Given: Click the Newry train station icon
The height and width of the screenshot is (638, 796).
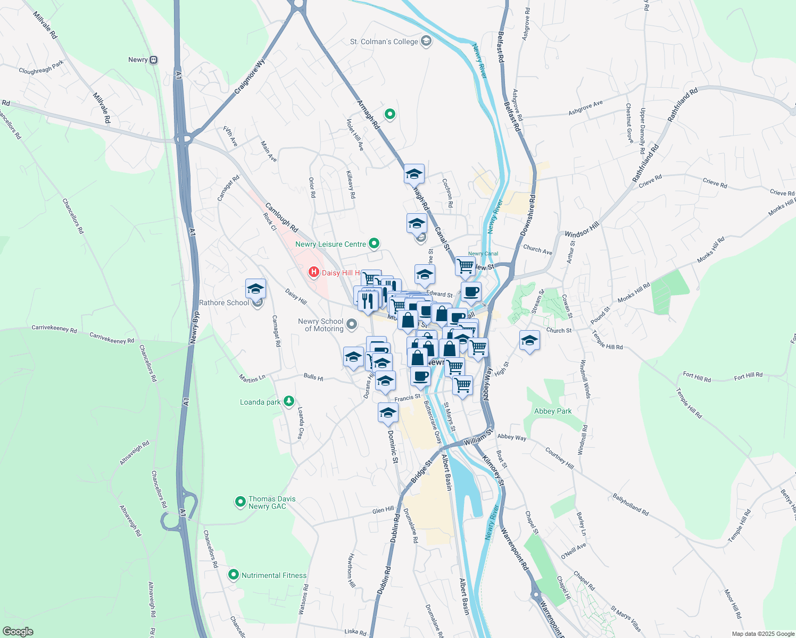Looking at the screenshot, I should (x=154, y=60).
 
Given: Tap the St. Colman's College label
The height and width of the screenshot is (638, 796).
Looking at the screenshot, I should (x=384, y=41).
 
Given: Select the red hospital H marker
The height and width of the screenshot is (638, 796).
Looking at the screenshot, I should (x=314, y=273).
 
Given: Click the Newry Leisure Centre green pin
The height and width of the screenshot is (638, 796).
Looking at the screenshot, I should (x=374, y=244).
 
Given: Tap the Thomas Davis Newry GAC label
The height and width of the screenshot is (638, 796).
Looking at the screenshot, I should (x=271, y=502).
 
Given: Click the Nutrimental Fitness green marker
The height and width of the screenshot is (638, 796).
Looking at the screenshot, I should (x=233, y=575).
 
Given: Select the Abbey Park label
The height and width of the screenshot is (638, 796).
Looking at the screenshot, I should (x=553, y=411).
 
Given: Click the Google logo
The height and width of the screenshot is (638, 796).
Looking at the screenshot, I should (x=18, y=632).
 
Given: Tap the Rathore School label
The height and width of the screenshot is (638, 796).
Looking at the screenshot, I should (x=224, y=303).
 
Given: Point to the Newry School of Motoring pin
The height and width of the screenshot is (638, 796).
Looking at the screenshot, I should (x=351, y=324).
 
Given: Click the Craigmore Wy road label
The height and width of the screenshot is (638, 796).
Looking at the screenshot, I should (x=250, y=78).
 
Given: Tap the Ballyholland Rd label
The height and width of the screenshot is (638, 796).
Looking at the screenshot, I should (x=631, y=505).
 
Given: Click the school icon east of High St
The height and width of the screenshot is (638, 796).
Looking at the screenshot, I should (x=529, y=341).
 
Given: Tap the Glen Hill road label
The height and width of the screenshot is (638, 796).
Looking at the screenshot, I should (x=383, y=510).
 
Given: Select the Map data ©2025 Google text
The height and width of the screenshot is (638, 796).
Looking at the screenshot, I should (x=762, y=634).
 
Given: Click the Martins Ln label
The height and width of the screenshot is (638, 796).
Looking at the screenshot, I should (x=252, y=379).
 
